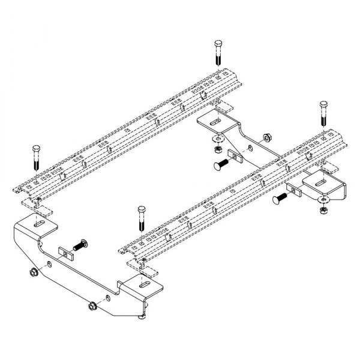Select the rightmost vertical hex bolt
pyautogui.click(x=324, y=114)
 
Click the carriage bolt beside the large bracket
pyautogui.click(x=80, y=245)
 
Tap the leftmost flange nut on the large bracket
pyautogui.click(x=33, y=273)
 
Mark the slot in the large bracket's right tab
pyautogui.click(x=145, y=284)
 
